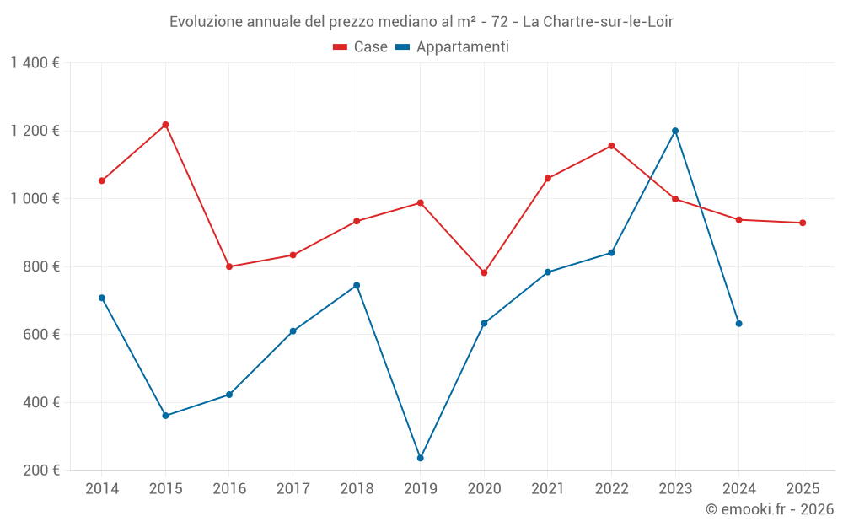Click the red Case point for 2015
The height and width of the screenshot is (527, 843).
[x=165, y=125]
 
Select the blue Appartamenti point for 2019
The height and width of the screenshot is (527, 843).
[x=421, y=458]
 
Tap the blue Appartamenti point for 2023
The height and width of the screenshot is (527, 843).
[x=675, y=131]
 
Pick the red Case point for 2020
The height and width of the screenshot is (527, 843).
[x=484, y=272]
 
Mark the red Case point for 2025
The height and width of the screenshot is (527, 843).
[x=803, y=223]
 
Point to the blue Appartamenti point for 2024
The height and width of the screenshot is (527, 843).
[x=739, y=324]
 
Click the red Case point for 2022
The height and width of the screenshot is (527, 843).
[x=611, y=146]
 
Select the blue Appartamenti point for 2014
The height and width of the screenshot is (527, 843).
[x=102, y=298]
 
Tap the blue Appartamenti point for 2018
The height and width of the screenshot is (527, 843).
[x=357, y=285]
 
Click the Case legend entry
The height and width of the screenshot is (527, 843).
[x=361, y=47]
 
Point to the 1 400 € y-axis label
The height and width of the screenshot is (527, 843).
[x=35, y=63]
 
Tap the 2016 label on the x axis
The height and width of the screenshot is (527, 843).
[x=229, y=488]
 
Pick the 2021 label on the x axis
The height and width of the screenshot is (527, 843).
[x=548, y=488]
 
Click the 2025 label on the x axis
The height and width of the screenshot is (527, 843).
[x=803, y=488]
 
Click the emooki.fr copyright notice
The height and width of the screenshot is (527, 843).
[x=770, y=509]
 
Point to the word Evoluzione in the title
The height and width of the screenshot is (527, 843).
[x=206, y=22]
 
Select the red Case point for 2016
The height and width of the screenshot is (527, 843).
[x=229, y=266]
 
